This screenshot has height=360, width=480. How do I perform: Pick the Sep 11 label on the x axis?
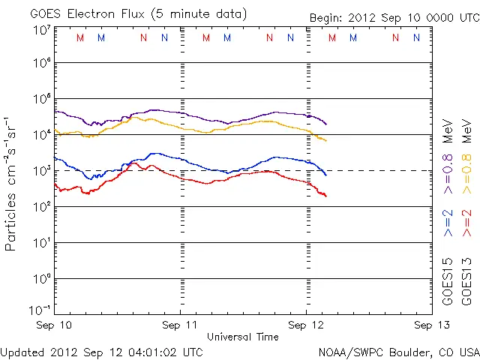click(x=181, y=325)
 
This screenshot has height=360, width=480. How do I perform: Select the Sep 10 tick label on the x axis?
click(x=55, y=325)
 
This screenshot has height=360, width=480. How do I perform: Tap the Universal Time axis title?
click(x=242, y=337)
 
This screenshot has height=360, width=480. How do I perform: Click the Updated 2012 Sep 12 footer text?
click(x=102, y=352)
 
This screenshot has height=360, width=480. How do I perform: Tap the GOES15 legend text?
click(x=448, y=282)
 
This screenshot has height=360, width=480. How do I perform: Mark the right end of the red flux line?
click(x=326, y=196)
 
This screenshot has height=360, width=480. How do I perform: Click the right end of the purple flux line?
click(x=326, y=124)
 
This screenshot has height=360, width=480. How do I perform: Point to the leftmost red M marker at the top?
click(x=80, y=37)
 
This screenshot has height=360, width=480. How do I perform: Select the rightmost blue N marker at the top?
click(x=416, y=37)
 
